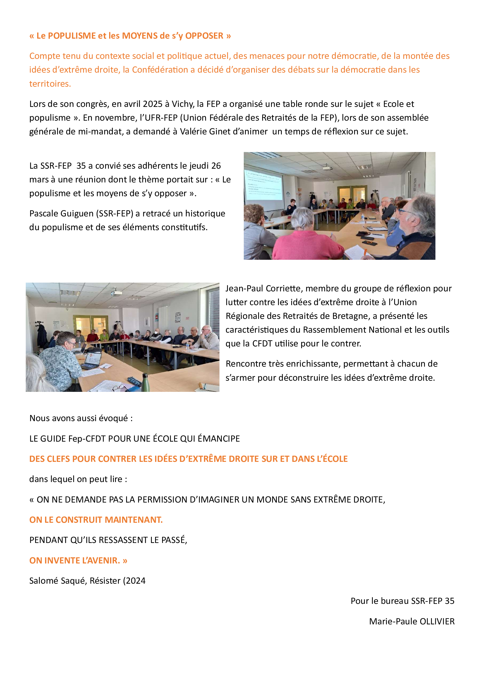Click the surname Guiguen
(77, 213)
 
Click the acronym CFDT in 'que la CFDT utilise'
(262, 344)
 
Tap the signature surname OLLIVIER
(437, 621)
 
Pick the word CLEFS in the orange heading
(59, 459)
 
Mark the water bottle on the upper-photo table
(363, 217)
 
